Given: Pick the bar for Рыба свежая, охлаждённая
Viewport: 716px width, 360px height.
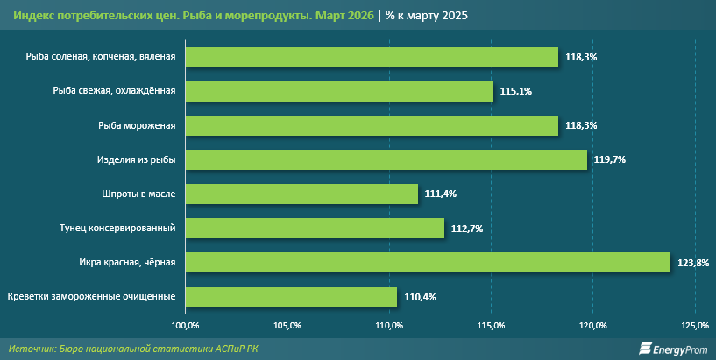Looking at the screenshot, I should click(x=339, y=91).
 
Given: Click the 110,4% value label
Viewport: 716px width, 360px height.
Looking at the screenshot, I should click(x=420, y=297).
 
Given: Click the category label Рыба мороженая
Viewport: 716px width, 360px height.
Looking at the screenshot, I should click(x=137, y=125).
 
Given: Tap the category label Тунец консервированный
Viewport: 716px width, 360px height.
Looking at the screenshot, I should click(x=122, y=228).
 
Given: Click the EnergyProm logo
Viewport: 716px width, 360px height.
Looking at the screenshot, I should click(x=671, y=349).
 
